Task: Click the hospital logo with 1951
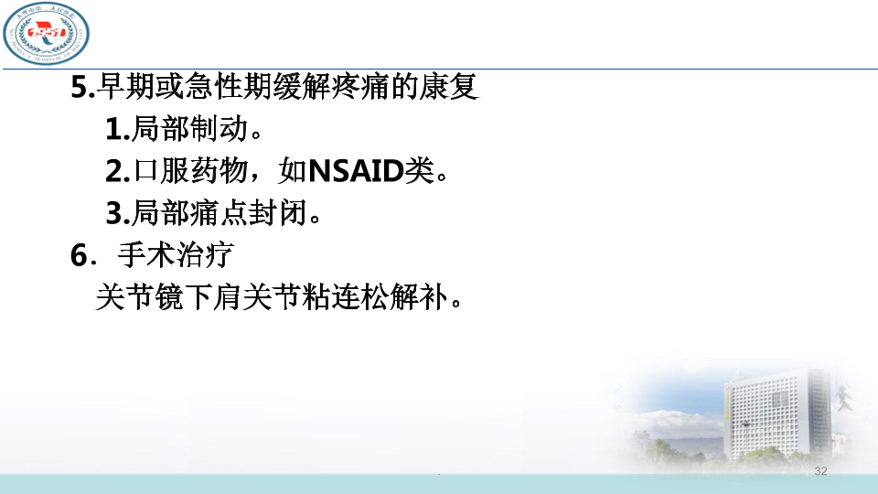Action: point(46,33)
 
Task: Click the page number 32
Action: point(820,471)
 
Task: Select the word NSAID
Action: point(356,171)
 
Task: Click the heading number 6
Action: point(80,255)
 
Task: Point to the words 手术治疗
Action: point(176,255)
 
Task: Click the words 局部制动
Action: point(190,129)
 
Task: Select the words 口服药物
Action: point(190,170)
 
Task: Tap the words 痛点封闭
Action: point(249,213)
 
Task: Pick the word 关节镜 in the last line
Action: point(139,296)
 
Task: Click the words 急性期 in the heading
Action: point(229,87)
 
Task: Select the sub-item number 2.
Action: point(115,171)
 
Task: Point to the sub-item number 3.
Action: point(115,213)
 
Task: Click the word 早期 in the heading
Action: point(126,87)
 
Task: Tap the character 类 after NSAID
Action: point(420,170)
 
